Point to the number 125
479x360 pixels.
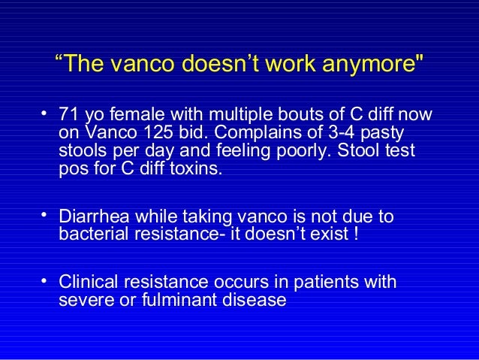coord(155,133)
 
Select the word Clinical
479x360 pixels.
coord(89,283)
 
